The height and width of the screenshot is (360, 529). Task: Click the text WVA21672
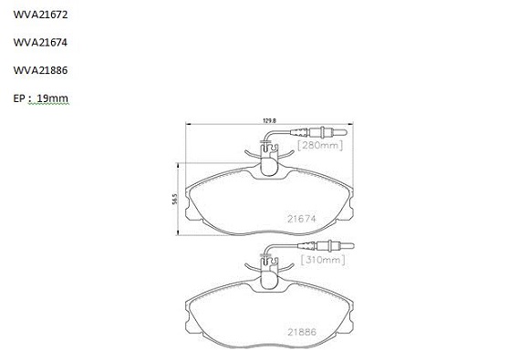[40, 15]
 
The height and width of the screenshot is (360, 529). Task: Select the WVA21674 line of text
[40, 43]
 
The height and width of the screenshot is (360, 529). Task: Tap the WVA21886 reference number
[40, 70]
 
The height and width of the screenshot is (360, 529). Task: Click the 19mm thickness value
[52, 98]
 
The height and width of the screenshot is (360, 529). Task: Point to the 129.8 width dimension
[269, 120]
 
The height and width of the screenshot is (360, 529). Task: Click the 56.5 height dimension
[174, 199]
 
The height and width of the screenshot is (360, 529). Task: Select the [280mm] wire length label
[320, 145]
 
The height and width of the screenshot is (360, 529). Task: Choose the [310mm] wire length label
[323, 260]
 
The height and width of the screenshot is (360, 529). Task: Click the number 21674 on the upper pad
[302, 219]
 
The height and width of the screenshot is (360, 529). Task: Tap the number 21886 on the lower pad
[302, 332]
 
